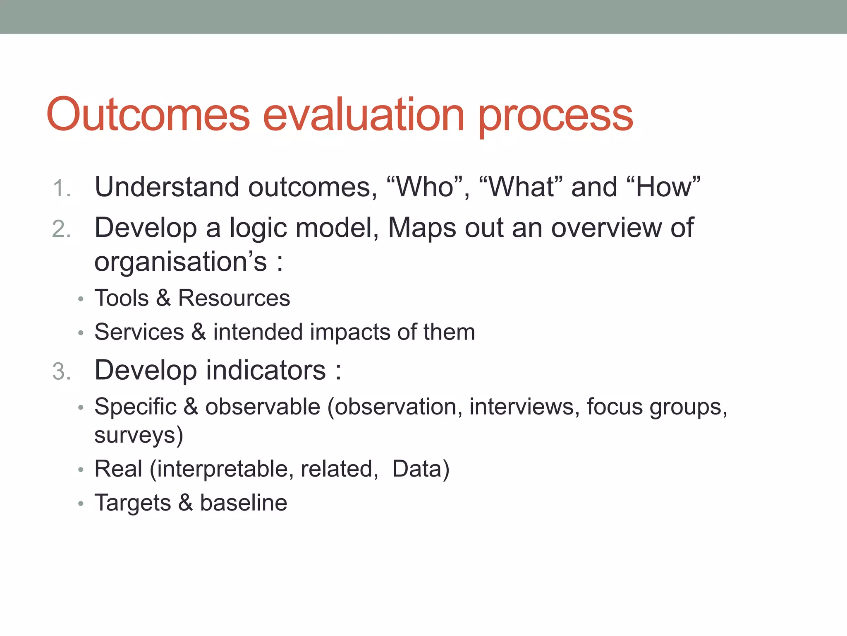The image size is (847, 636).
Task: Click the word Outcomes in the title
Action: [x=148, y=114]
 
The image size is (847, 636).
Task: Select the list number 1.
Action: [x=62, y=188]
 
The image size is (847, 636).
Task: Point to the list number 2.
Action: [x=62, y=229]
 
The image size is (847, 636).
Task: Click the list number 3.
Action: [x=62, y=371]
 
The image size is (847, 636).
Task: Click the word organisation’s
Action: [x=181, y=262]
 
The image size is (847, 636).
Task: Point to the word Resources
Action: [x=234, y=298]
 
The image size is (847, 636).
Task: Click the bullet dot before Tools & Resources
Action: [x=81, y=299]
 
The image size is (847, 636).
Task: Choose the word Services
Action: [x=139, y=332]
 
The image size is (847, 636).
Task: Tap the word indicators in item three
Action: [x=266, y=370]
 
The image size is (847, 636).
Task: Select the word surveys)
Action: [x=139, y=436]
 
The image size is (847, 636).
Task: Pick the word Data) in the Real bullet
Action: [x=421, y=469]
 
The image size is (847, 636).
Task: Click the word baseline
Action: [x=244, y=503]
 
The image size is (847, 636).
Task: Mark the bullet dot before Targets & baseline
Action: [x=81, y=504]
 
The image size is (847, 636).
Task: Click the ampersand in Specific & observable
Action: [x=191, y=407]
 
